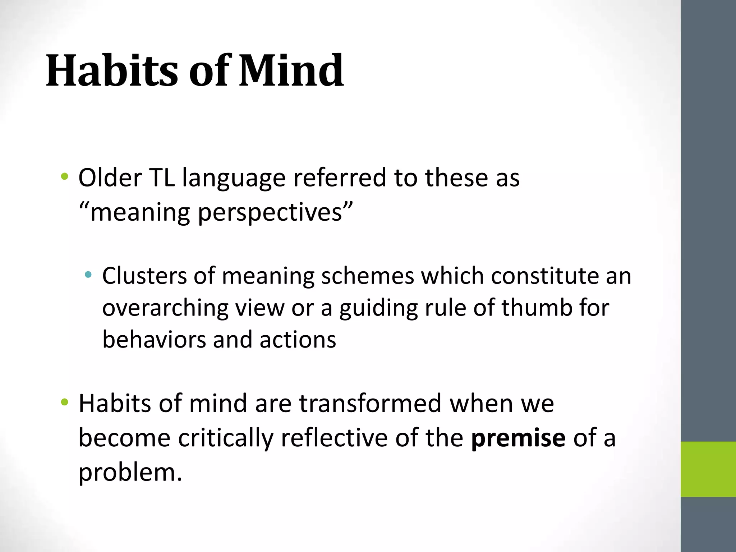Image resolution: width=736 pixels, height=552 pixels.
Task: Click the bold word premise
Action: pyautogui.click(x=518, y=438)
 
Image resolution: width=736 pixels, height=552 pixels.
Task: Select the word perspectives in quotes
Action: pyautogui.click(x=270, y=212)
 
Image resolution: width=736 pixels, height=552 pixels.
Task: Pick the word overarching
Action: pyautogui.click(x=165, y=308)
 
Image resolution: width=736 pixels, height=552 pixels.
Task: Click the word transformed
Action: pyautogui.click(x=370, y=403)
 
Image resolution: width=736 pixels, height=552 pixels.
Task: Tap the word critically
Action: pyautogui.click(x=226, y=438)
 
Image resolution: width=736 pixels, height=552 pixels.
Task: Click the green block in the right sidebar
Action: pyautogui.click(x=708, y=469)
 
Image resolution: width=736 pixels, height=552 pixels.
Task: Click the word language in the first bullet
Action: pyautogui.click(x=234, y=178)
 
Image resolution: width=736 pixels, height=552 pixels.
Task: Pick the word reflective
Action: pyautogui.click(x=334, y=438)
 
